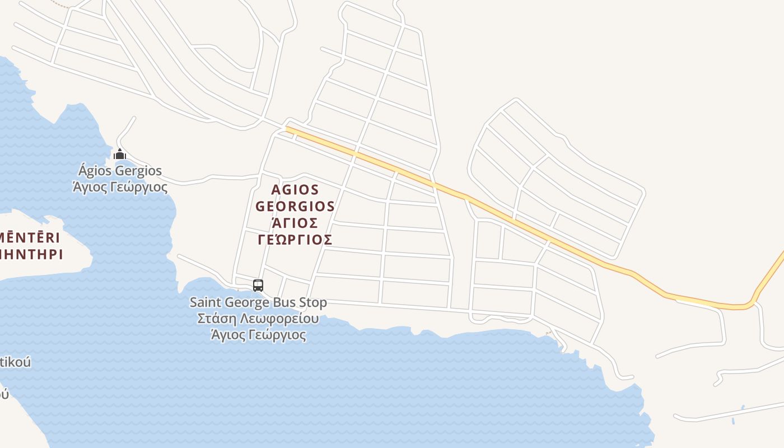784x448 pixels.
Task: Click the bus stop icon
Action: pos(258,286)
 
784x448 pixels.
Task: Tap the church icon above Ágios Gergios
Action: pos(119,154)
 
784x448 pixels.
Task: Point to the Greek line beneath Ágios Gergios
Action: pos(120,187)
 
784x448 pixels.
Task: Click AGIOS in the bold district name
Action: pos(295,190)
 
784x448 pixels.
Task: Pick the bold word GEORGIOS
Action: pos(295,206)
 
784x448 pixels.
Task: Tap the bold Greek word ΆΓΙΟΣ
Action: pos(295,223)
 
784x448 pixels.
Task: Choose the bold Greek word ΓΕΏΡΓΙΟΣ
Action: pos(295,240)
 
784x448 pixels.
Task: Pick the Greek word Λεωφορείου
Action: pos(278,319)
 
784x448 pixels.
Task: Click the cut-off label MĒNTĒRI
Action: pos(30,237)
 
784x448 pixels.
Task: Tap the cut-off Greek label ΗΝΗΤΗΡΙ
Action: pos(31,254)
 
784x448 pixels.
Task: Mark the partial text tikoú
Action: pos(15,362)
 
